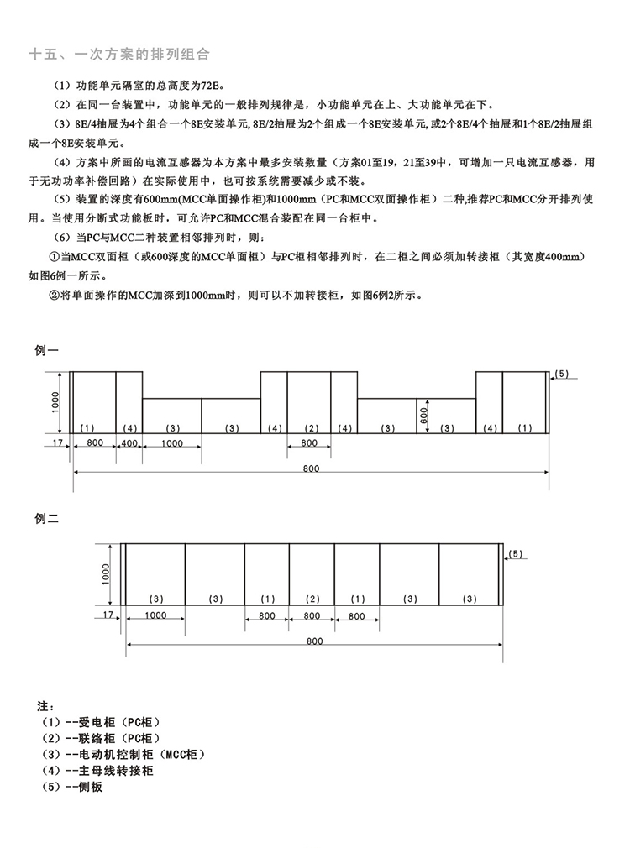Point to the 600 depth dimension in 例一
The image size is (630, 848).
[425, 415]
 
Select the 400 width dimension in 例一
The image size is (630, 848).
[129, 442]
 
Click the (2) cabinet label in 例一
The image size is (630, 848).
[312, 428]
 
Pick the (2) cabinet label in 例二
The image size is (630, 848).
[312, 599]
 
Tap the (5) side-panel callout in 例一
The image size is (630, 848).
[562, 373]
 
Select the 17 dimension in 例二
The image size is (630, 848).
[107, 615]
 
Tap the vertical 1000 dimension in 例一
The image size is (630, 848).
[55, 401]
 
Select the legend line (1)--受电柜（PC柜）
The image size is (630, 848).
[99, 722]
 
